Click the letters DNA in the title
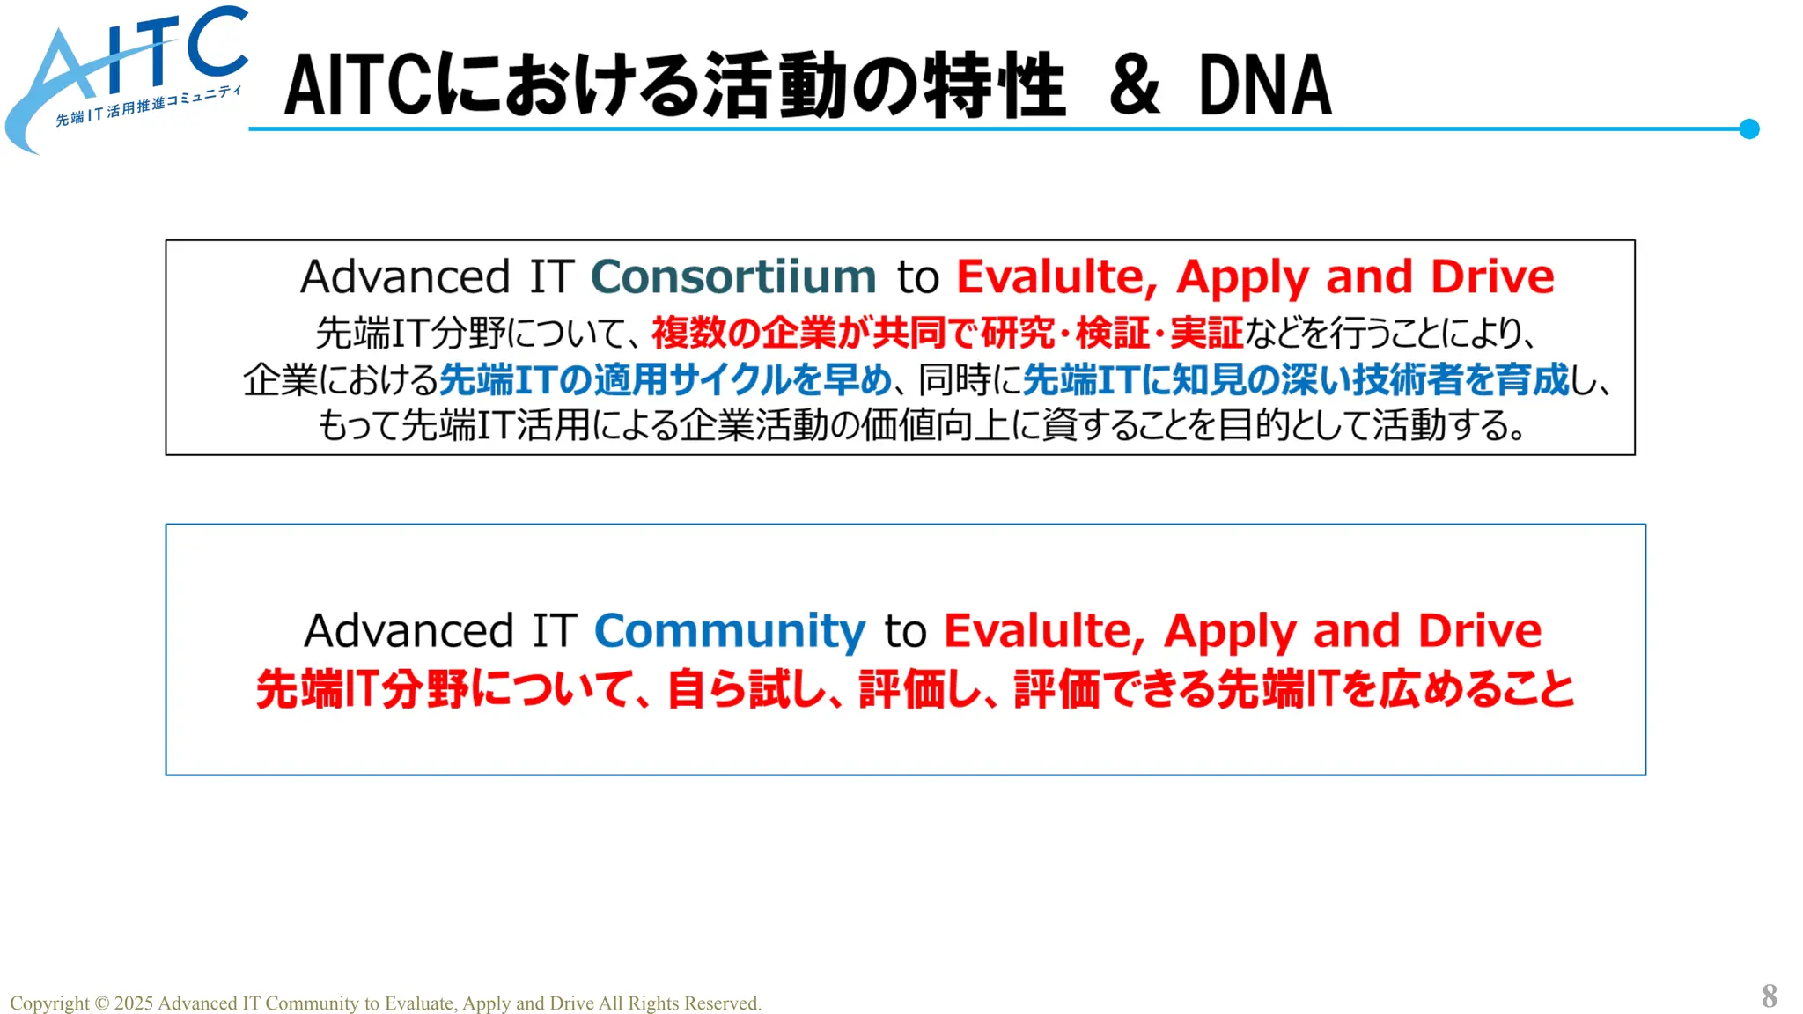pyautogui.click(x=1264, y=85)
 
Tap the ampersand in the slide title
pyautogui.click(x=1134, y=85)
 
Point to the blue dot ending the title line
pyautogui.click(x=1749, y=129)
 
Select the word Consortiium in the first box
pyautogui.click(x=732, y=277)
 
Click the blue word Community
pyautogui.click(x=730, y=631)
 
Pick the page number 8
pyautogui.click(x=1769, y=996)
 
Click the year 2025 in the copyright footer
pyautogui.click(x=134, y=1003)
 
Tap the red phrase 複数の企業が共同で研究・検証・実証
pyautogui.click(x=946, y=334)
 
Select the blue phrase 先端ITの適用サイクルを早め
pyautogui.click(x=666, y=380)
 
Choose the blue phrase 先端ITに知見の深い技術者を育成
pyautogui.click(x=1295, y=380)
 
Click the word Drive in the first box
pyautogui.click(x=1492, y=277)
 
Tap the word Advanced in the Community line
pyautogui.click(x=408, y=631)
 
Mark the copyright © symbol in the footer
pyautogui.click(x=101, y=1003)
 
